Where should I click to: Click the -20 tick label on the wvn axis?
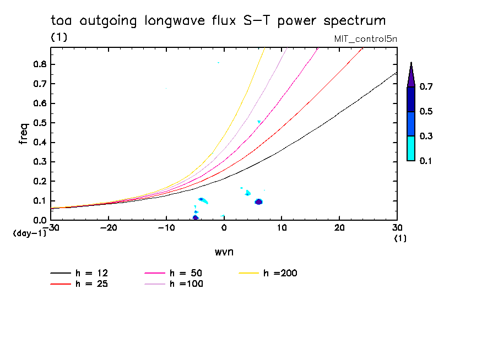point(107,227)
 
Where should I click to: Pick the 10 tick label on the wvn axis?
point(282,227)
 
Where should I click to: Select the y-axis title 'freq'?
point(23,134)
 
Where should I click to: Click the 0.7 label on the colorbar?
point(426,87)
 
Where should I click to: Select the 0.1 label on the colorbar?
point(426,161)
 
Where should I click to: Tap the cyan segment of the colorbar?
point(411,148)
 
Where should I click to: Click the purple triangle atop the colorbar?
point(411,76)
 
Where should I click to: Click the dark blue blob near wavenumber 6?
point(258,201)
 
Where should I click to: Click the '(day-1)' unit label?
point(26,233)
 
